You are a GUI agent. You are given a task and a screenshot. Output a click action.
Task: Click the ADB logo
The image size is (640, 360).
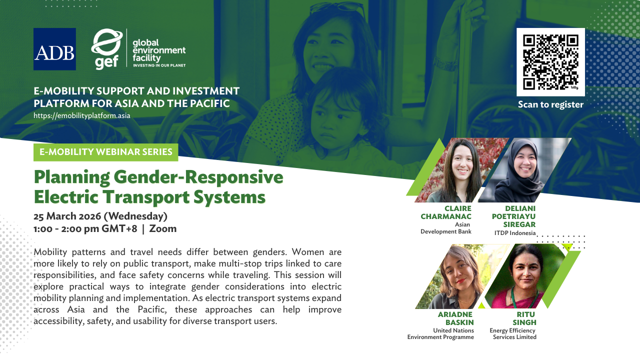54,49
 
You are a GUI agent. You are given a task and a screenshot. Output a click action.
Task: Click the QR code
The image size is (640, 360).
550,61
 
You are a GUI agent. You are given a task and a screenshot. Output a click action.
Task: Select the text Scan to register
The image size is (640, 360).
550,104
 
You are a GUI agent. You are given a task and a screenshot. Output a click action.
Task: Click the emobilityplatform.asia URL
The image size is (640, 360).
82,115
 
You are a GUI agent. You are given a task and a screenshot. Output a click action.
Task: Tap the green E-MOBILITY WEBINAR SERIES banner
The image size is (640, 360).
105,152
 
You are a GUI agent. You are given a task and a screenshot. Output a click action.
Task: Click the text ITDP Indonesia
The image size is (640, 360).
514,233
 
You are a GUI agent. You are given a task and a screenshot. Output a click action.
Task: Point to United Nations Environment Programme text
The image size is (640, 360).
440,333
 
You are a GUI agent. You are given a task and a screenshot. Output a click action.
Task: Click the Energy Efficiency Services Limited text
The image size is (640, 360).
513,333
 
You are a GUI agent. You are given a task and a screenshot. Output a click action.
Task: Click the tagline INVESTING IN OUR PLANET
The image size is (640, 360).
158,65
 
